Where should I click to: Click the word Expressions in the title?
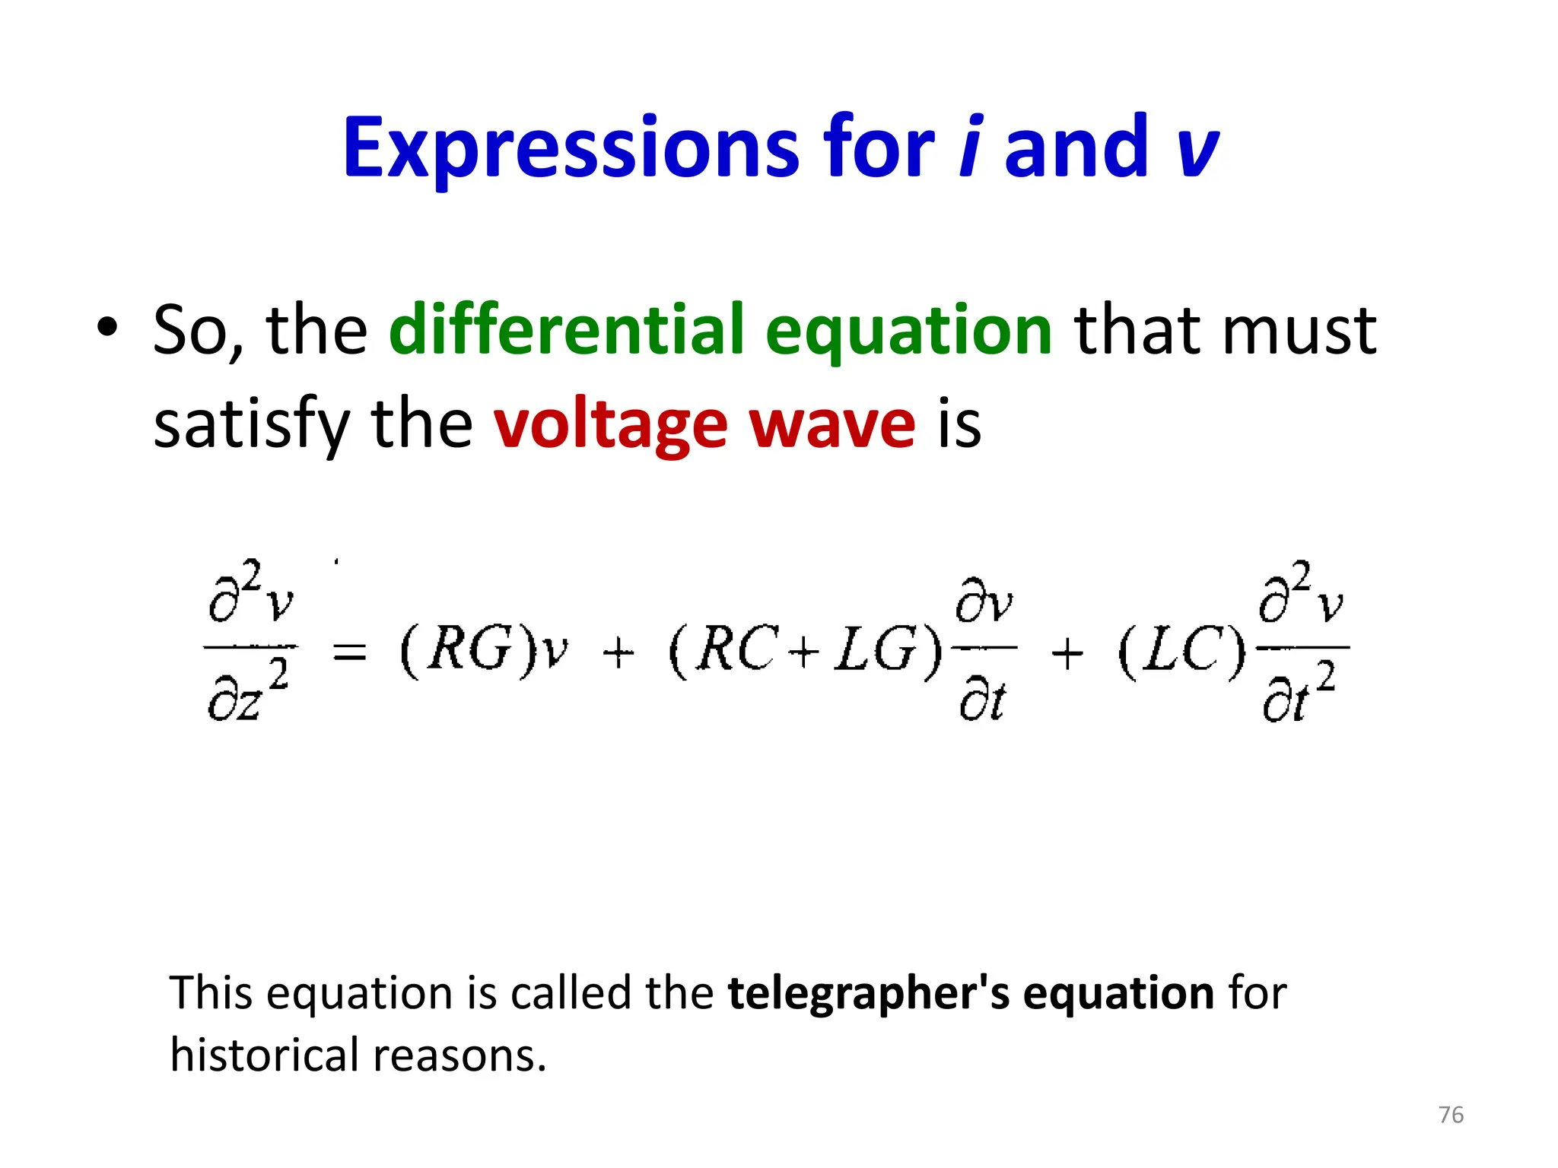pos(571,148)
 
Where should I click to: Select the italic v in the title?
pos(1197,148)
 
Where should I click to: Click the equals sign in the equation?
pos(350,652)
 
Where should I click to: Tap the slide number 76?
pos(1451,1115)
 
